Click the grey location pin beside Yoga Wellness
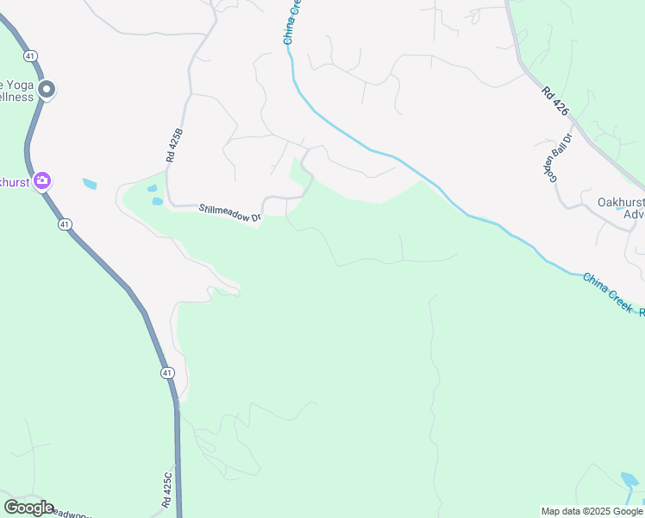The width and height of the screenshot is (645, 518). click(x=47, y=89)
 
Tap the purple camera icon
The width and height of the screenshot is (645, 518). click(x=41, y=181)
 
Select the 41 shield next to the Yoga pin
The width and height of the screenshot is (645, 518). click(x=30, y=55)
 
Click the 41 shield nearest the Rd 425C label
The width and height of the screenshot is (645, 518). click(x=167, y=372)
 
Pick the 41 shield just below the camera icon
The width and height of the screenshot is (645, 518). click(x=66, y=224)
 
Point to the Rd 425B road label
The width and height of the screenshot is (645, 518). click(x=175, y=146)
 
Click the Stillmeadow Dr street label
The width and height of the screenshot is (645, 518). click(x=230, y=213)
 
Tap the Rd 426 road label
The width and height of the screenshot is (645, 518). click(x=556, y=101)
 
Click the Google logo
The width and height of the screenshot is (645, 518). click(x=28, y=507)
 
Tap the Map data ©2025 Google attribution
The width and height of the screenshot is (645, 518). click(x=592, y=511)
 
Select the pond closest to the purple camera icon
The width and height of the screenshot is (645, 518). click(x=90, y=184)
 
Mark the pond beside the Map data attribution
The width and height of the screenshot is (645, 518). click(x=629, y=478)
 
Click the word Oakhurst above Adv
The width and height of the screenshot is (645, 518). click(x=619, y=202)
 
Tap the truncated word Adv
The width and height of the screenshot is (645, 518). click(x=633, y=214)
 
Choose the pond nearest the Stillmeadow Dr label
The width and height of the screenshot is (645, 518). click(x=157, y=201)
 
